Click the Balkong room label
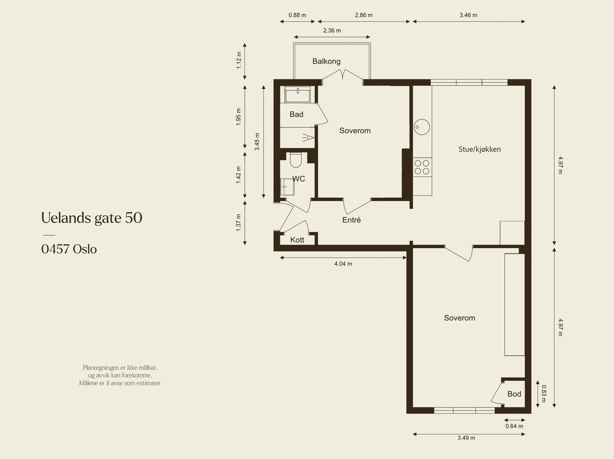click(326, 61)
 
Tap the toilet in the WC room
click(296, 160)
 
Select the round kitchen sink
click(422, 126)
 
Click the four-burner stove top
click(422, 167)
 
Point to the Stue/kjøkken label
click(479, 149)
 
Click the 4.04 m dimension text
click(343, 264)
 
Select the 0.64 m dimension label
click(514, 426)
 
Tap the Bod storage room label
click(514, 394)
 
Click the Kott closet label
click(297, 240)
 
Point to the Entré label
click(351, 220)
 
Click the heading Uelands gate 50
click(92, 218)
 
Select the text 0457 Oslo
click(69, 249)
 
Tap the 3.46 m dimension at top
click(468, 15)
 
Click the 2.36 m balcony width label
click(332, 31)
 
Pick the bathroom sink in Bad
click(298, 94)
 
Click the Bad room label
click(296, 114)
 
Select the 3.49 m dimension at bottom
click(466, 438)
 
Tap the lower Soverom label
click(459, 318)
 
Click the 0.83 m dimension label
click(543, 394)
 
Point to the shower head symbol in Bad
click(309, 138)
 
